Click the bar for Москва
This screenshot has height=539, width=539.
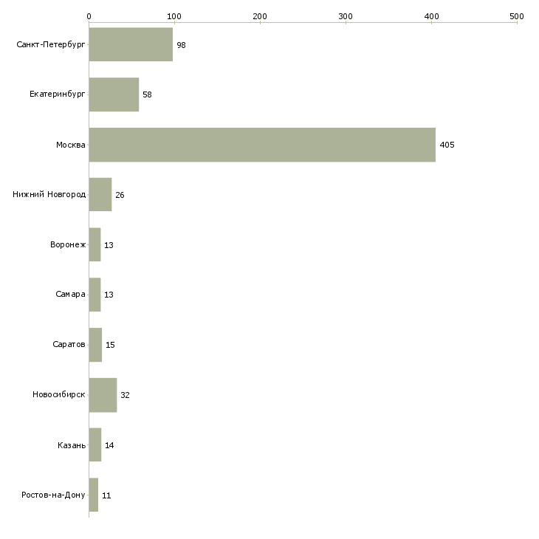click(262, 145)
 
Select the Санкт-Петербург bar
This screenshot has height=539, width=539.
click(131, 45)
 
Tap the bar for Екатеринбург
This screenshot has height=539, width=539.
click(114, 95)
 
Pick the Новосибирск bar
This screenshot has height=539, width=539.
click(103, 395)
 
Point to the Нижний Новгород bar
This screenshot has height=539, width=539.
click(100, 195)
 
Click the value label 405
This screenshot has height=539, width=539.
click(447, 145)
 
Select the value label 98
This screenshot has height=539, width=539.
click(181, 45)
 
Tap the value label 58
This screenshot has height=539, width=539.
click(147, 95)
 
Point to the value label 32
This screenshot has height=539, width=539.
click(125, 395)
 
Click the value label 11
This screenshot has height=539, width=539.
click(106, 495)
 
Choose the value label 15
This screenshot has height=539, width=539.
click(110, 345)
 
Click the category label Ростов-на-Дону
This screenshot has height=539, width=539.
click(54, 495)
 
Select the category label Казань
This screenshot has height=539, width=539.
click(71, 445)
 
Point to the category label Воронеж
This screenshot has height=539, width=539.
click(68, 245)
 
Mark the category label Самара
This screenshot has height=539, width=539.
click(70, 295)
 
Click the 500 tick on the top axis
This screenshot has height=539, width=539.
click(517, 16)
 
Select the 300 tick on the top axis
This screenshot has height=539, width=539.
click(346, 16)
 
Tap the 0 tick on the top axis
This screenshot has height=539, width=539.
click(89, 16)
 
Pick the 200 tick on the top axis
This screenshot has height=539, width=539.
click(260, 16)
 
